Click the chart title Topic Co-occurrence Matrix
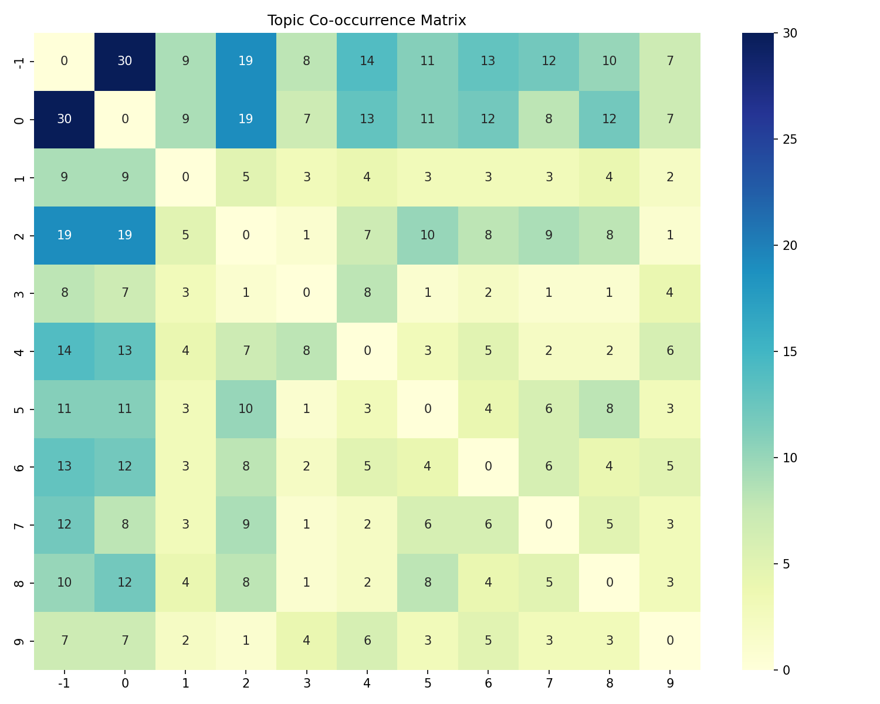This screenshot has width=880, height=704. (367, 21)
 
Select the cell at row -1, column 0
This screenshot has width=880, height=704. (125, 61)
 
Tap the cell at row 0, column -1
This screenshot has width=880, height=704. (65, 119)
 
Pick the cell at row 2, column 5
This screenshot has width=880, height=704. (428, 235)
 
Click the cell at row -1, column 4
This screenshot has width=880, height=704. (367, 61)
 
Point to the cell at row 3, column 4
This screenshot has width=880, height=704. (367, 293)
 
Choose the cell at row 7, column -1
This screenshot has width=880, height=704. (65, 525)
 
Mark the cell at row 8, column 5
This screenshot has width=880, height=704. (428, 583)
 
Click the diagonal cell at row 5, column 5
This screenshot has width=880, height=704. (428, 409)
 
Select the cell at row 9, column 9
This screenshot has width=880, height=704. (670, 641)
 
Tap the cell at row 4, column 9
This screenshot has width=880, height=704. (670, 351)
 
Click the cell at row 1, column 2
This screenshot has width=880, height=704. (246, 177)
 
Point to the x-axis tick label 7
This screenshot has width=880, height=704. (549, 683)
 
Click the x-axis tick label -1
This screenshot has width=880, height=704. (65, 683)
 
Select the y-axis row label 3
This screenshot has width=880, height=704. (19, 293)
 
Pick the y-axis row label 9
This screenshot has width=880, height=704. (19, 641)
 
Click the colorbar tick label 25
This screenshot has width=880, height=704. (790, 140)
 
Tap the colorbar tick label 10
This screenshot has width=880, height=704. (790, 458)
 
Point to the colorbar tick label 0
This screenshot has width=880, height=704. (787, 669)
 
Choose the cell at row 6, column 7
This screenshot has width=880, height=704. (549, 467)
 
